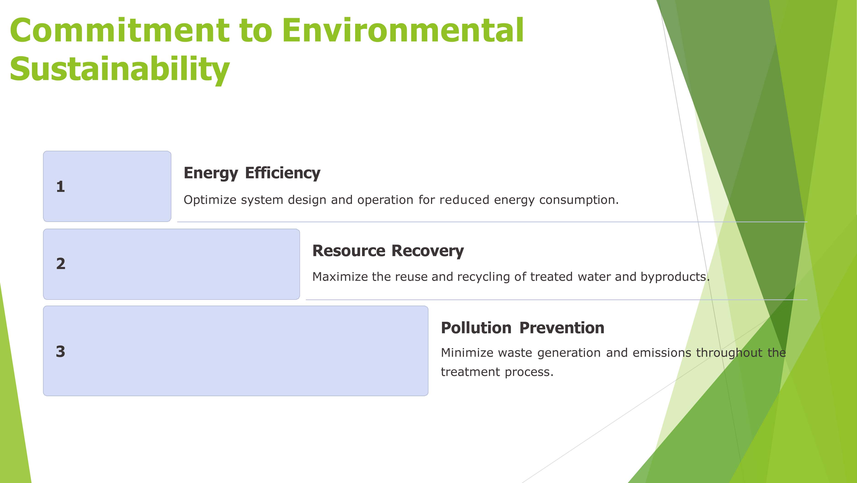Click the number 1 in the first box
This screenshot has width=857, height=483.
tap(61, 187)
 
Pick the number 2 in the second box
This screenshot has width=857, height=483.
tap(61, 264)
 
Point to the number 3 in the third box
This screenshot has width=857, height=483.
tap(61, 351)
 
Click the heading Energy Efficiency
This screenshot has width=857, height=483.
tap(252, 173)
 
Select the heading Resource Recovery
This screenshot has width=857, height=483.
tap(388, 251)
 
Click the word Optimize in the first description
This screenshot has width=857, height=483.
tap(210, 200)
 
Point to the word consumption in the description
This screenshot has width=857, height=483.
tap(579, 200)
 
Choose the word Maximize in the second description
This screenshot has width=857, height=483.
tap(340, 277)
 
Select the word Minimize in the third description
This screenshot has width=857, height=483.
tap(467, 353)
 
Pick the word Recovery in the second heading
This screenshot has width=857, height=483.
tap(428, 251)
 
